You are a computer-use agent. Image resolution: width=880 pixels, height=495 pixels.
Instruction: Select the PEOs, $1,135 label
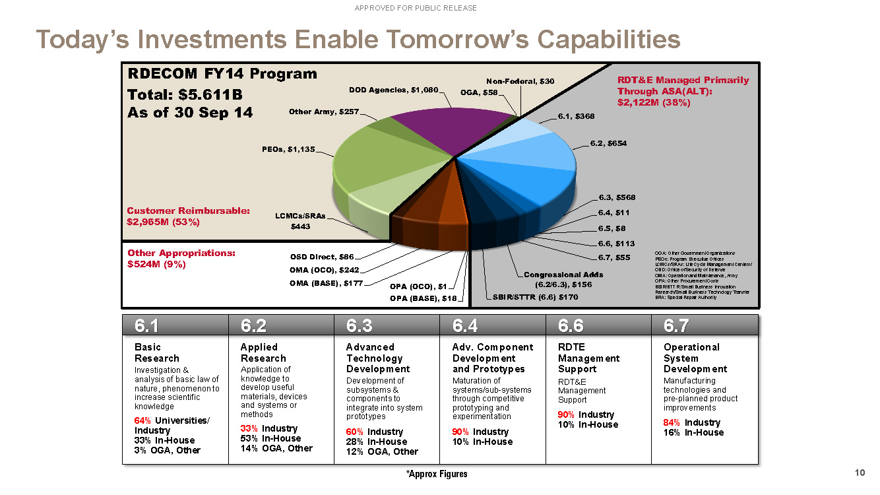click(288, 148)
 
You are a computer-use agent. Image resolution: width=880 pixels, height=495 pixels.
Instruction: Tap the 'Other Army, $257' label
click(323, 112)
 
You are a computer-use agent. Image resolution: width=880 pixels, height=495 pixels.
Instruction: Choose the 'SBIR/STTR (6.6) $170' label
click(535, 297)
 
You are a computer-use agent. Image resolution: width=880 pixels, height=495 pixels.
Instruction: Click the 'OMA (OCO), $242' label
click(325, 270)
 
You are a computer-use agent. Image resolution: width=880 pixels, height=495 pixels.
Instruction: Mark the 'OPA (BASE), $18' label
click(423, 298)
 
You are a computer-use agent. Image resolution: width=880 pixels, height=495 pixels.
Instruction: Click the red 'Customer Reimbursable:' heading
click(188, 211)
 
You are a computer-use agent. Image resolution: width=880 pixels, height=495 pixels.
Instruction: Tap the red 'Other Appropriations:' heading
click(181, 253)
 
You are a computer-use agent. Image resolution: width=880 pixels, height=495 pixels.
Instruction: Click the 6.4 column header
click(465, 325)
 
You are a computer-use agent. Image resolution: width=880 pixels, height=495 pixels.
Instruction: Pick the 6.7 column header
click(676, 325)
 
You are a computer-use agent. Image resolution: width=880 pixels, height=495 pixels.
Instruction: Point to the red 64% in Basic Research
click(142, 420)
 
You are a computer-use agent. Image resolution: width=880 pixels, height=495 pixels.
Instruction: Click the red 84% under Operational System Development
click(672, 422)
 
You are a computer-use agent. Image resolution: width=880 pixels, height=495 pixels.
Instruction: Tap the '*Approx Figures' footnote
click(437, 474)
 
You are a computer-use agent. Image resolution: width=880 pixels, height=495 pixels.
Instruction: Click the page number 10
click(859, 473)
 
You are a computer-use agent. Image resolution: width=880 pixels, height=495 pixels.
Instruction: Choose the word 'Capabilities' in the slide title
click(609, 40)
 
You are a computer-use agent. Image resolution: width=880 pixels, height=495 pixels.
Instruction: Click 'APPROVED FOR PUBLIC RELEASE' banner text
click(416, 8)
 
